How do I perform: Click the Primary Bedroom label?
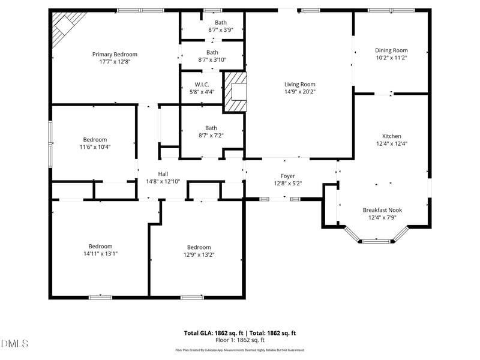(114, 54)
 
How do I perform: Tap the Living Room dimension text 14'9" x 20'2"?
(299, 92)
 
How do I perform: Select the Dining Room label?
(391, 50)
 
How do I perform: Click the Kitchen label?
(392, 136)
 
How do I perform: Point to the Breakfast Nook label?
(382, 210)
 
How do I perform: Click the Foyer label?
(287, 176)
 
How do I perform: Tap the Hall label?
(163, 173)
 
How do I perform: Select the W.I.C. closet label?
(201, 85)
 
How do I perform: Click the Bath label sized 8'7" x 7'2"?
(211, 128)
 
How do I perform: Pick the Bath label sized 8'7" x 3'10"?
(212, 52)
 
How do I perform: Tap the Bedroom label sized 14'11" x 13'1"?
(100, 246)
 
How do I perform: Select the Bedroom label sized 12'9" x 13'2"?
(199, 247)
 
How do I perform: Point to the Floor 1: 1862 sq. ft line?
(239, 340)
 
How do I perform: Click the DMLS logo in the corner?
(14, 343)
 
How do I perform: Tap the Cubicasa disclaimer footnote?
(239, 350)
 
